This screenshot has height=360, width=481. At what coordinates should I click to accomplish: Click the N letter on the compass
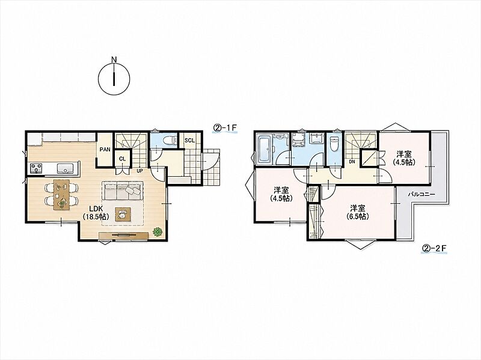[x=114, y=59]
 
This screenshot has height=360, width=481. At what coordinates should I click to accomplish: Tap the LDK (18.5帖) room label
[x=96, y=213]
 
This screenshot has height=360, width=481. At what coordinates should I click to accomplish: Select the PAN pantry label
[x=105, y=150]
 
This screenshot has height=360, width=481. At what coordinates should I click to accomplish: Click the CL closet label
[x=123, y=159]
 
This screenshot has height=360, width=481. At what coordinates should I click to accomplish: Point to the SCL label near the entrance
[x=189, y=141]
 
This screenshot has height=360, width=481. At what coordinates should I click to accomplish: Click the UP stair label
[x=139, y=171]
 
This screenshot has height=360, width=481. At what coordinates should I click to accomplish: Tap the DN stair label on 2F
[x=352, y=162]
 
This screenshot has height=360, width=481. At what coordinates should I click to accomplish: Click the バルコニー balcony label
[x=421, y=194]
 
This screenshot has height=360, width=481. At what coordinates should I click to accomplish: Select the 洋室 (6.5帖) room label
[x=357, y=212]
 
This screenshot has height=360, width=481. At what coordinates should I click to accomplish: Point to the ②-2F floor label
[x=434, y=249]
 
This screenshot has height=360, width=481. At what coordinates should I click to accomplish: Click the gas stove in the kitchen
[x=36, y=168]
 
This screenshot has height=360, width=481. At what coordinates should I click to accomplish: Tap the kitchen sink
[x=65, y=168]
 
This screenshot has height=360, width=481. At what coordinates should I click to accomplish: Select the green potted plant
[x=158, y=231]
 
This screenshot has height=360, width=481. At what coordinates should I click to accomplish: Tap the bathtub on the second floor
[x=265, y=150]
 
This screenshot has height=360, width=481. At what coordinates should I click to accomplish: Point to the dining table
[x=61, y=195]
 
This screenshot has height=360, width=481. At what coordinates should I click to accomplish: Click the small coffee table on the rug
[x=123, y=214]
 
